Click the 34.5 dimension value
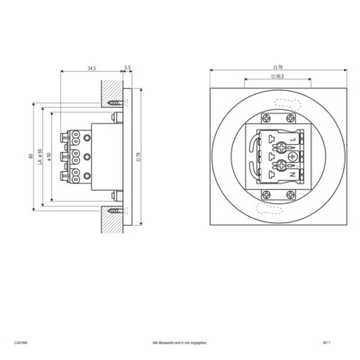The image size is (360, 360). pos(93,67)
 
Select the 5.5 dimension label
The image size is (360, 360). pos(128,67)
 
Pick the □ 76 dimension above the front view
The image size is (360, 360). pos(278,67)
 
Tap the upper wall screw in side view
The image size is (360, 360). pos(113,103)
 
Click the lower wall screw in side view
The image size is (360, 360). pos(113,211)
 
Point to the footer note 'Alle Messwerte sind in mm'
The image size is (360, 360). pos(180,343)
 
